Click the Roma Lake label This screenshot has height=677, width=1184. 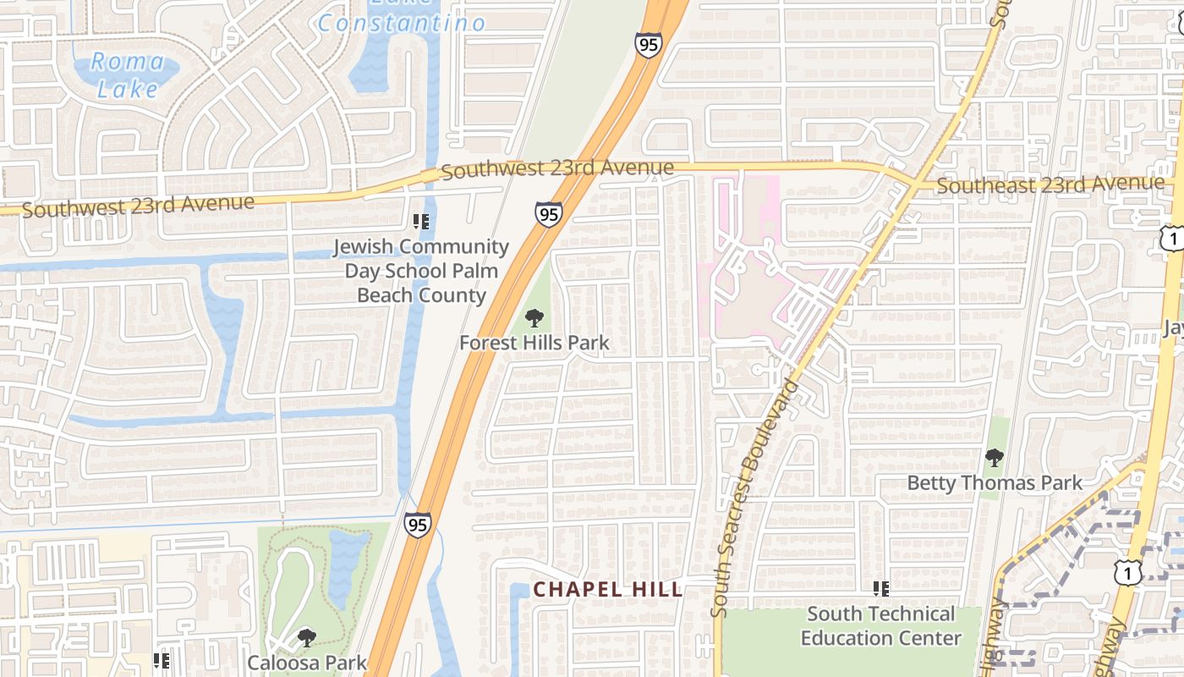[127, 74]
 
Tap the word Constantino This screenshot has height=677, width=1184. [402, 23]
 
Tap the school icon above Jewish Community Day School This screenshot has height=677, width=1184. [421, 223]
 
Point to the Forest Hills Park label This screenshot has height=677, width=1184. [534, 343]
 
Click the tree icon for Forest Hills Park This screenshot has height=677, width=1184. [534, 318]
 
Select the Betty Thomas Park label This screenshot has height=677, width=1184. [995, 482]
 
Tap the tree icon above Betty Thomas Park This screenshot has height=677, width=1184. [995, 458]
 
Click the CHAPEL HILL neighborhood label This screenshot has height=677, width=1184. [608, 589]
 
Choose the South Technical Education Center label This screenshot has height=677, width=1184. [881, 625]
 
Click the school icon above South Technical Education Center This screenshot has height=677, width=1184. [881, 588]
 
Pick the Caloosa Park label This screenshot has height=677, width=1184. [307, 662]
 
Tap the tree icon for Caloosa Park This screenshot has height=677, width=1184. [307, 637]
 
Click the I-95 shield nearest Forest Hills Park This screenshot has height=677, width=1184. [549, 214]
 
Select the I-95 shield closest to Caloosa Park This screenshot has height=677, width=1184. [417, 525]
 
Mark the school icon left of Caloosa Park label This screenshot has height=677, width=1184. [162, 660]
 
